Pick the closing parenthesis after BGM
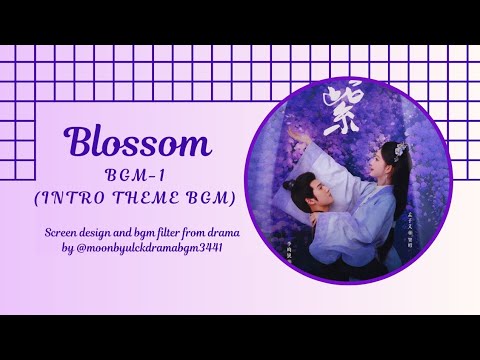pyautogui.click(x=231, y=198)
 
